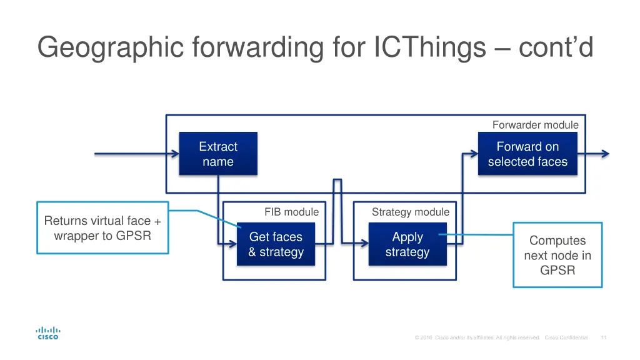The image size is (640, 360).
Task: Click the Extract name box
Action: [x=218, y=154]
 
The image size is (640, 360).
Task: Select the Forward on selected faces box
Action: [x=527, y=154]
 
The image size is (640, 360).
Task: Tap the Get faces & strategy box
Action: [x=276, y=244]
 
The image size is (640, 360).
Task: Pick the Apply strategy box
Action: [x=407, y=244]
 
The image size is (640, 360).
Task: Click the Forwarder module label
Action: [x=535, y=125]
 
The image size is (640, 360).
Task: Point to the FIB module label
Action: [x=291, y=212]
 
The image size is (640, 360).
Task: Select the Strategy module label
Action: [x=410, y=212]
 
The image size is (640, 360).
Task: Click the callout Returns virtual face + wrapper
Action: [x=102, y=228]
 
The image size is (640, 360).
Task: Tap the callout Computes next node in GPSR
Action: [x=557, y=255]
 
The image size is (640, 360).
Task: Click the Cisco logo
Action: [x=48, y=333]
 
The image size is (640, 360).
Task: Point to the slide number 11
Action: [x=604, y=337]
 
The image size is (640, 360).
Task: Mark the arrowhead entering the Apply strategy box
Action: [x=364, y=244]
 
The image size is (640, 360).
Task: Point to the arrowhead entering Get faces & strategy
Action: [x=233, y=244]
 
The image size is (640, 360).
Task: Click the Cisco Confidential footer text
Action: [x=566, y=337]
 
